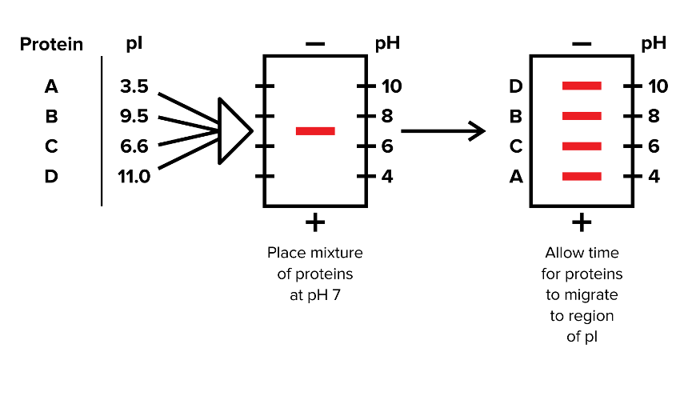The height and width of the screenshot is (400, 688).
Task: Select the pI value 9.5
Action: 134,117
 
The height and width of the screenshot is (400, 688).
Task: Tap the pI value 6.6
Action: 134,146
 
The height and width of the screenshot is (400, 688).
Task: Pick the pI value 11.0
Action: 134,177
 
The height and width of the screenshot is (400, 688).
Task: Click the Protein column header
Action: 51,44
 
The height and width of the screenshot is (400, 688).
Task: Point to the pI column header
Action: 134,44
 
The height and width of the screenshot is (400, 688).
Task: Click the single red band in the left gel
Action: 315,130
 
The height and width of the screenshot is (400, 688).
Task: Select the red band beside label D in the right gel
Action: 582,86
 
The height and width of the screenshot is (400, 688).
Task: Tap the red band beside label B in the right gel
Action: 582,116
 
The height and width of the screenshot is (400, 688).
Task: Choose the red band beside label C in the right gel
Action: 582,146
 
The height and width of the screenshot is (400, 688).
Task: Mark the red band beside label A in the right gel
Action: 582,176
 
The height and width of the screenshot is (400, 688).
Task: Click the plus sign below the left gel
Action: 314,221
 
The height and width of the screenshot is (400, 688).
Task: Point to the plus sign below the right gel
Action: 582,221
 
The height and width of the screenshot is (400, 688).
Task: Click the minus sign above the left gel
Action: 314,43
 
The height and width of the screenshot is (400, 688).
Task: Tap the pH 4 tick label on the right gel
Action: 654,176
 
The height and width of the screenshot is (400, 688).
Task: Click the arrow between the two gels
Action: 443,131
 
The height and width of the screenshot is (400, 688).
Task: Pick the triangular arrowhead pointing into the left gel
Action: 234,130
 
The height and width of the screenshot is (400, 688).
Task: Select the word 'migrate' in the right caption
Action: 582,294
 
